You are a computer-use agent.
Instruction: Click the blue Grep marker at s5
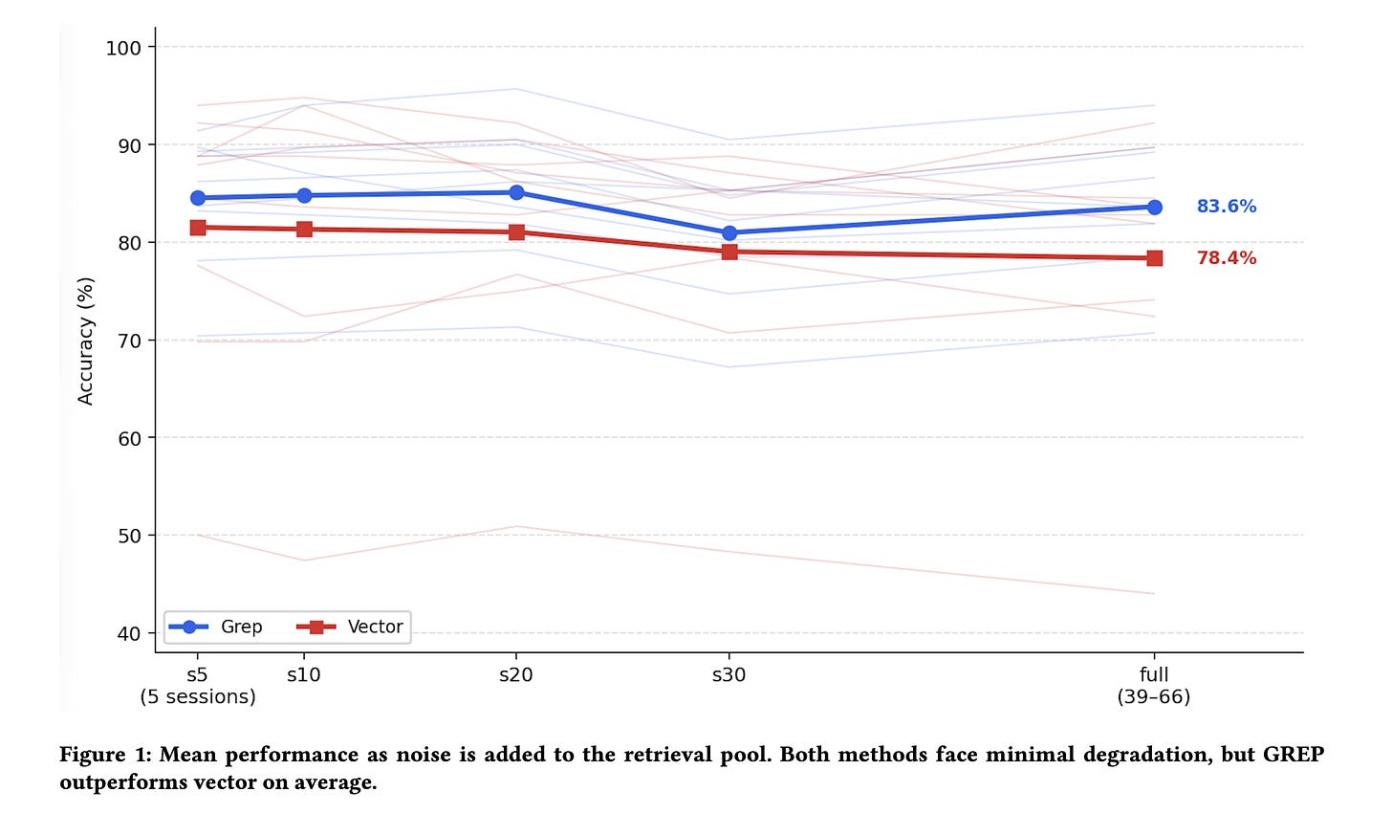pyautogui.click(x=198, y=198)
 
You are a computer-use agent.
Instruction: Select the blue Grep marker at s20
pyautogui.click(x=516, y=193)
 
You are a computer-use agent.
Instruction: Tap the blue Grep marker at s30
pyautogui.click(x=729, y=233)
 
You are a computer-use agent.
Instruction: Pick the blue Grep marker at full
pyautogui.click(x=1155, y=207)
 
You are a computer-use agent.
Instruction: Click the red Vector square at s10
pyautogui.click(x=304, y=230)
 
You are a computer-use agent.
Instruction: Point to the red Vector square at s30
pyautogui.click(x=729, y=252)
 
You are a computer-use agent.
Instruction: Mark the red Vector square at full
pyautogui.click(x=1155, y=258)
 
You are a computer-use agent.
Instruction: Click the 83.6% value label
pyautogui.click(x=1226, y=207)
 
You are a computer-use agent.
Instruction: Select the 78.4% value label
pyautogui.click(x=1226, y=257)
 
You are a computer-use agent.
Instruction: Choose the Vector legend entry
pyautogui.click(x=350, y=627)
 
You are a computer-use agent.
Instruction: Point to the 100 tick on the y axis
pyautogui.click(x=123, y=48)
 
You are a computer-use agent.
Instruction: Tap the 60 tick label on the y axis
pyautogui.click(x=129, y=438)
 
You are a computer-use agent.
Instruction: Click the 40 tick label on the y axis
pyautogui.click(x=129, y=633)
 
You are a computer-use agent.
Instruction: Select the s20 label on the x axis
pyautogui.click(x=516, y=674)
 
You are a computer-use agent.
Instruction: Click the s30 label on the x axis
pyautogui.click(x=729, y=674)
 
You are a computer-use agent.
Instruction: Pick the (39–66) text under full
pyautogui.click(x=1154, y=696)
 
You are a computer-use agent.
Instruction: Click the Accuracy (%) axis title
pyautogui.click(x=85, y=341)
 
